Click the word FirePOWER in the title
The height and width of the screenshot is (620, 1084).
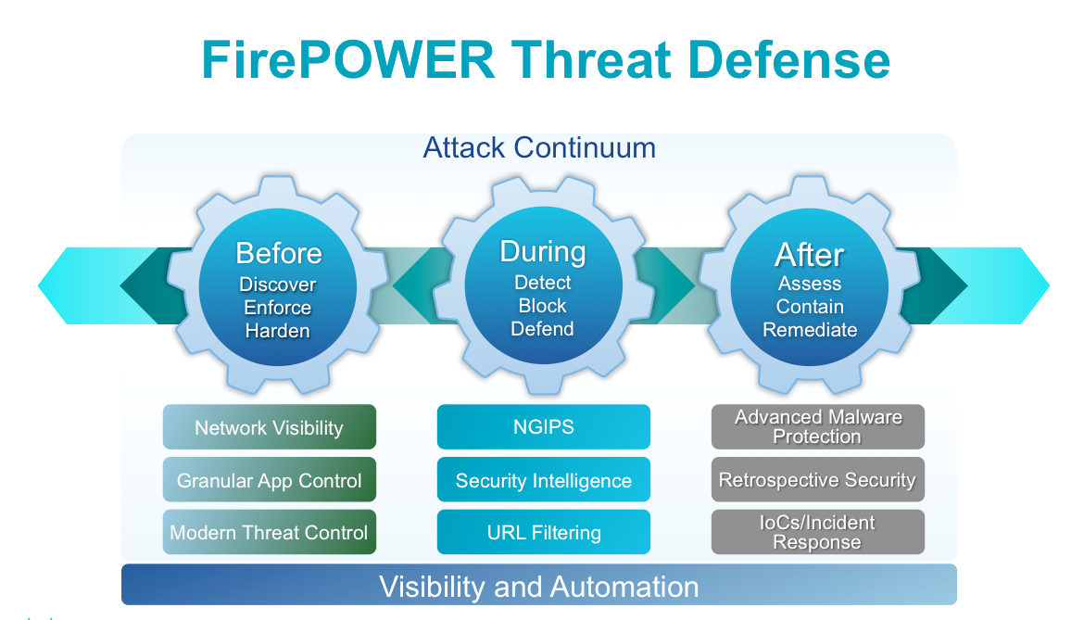pos(347,59)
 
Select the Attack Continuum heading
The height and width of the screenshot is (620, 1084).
pos(539,148)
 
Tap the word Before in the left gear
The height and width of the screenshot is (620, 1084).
pos(279,253)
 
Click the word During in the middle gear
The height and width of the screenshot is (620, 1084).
pos(543,251)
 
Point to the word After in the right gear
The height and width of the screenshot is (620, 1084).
pos(810,254)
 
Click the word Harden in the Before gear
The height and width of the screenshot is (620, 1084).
pos(277,331)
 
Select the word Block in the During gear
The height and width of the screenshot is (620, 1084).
pos(543,306)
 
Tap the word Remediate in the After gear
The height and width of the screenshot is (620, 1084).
pos(810,330)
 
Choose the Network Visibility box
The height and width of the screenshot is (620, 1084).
pos(270,427)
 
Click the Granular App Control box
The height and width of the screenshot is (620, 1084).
pos(270,480)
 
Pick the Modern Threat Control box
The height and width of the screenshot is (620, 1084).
pos(270,532)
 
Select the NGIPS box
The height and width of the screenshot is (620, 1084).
pos(543,427)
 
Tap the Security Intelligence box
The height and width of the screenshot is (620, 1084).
pos(543,480)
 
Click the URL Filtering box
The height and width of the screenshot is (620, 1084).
pos(543,532)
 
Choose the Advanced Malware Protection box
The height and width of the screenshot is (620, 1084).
pos(818,427)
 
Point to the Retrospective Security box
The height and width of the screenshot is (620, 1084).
pos(818,480)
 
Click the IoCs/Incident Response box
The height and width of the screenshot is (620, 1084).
pos(818,532)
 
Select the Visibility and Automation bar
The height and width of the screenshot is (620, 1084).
pos(539,585)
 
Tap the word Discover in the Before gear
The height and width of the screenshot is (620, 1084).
pos(277,285)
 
